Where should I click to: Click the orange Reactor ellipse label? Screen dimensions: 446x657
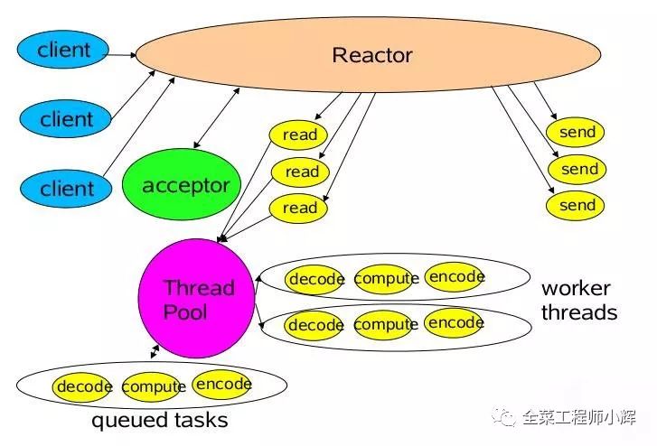(371, 55)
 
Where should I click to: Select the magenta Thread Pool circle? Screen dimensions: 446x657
(197, 300)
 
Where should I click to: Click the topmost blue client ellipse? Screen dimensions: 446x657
(64, 51)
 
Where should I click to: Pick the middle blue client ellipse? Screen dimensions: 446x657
(66, 118)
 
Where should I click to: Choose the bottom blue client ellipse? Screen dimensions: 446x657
(66, 188)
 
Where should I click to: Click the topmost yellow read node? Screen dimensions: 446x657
(299, 135)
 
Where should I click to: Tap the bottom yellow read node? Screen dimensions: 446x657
(300, 208)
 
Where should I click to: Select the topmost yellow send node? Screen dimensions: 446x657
(577, 133)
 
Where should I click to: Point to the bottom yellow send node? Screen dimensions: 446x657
(577, 205)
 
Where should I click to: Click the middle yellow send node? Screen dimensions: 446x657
(578, 169)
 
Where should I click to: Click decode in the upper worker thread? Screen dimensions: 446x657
(315, 279)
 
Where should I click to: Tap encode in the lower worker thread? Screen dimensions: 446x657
(455, 322)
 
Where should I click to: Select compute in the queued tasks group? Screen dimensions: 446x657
(153, 387)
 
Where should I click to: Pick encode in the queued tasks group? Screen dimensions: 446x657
(222, 385)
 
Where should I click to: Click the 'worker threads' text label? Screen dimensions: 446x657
(578, 301)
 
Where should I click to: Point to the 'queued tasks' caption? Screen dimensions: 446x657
(159, 421)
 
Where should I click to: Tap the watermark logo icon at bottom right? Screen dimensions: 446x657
(502, 417)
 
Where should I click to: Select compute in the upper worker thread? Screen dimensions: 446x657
(386, 279)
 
